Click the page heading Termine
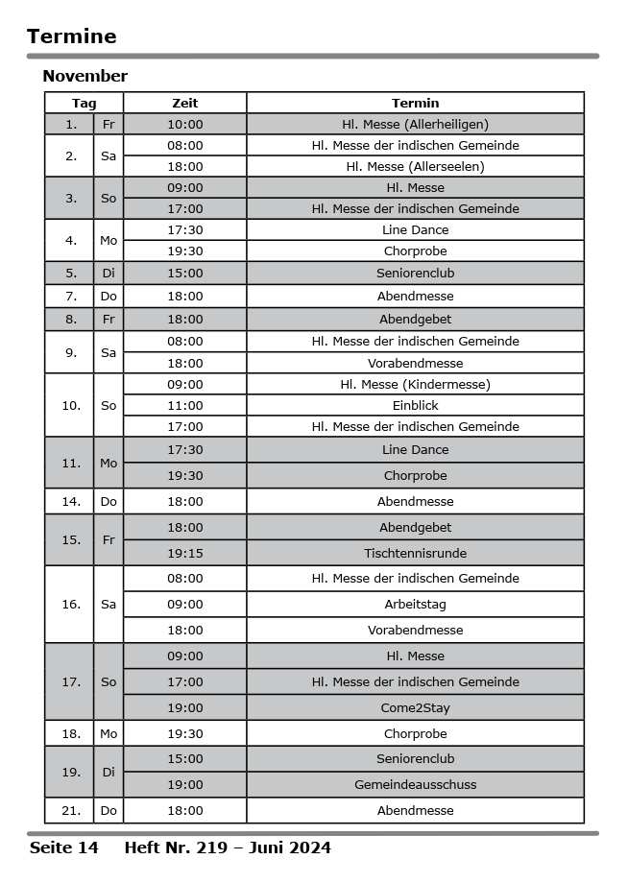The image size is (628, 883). tap(72, 36)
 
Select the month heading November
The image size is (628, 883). tap(85, 76)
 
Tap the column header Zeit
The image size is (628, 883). tap(185, 103)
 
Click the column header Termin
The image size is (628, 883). tap(415, 103)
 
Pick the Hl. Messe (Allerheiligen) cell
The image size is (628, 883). tap(415, 124)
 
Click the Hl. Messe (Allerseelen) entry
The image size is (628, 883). tap(415, 166)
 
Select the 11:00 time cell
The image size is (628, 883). tap(185, 405)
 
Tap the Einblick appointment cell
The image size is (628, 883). tap(415, 405)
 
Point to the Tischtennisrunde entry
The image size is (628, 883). tap(415, 553)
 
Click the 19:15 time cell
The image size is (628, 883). tap(185, 553)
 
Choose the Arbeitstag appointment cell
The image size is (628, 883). tap(415, 605)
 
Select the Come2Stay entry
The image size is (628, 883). tap(415, 708)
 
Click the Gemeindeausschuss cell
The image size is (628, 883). tap(415, 785)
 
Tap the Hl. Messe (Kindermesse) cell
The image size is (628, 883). tap(415, 384)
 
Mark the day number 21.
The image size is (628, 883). tap(71, 811)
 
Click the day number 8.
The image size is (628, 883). tap(71, 319)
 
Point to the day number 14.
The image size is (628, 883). tap(71, 501)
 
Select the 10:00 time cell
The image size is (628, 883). tap(185, 124)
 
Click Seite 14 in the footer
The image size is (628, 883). tap(64, 847)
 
